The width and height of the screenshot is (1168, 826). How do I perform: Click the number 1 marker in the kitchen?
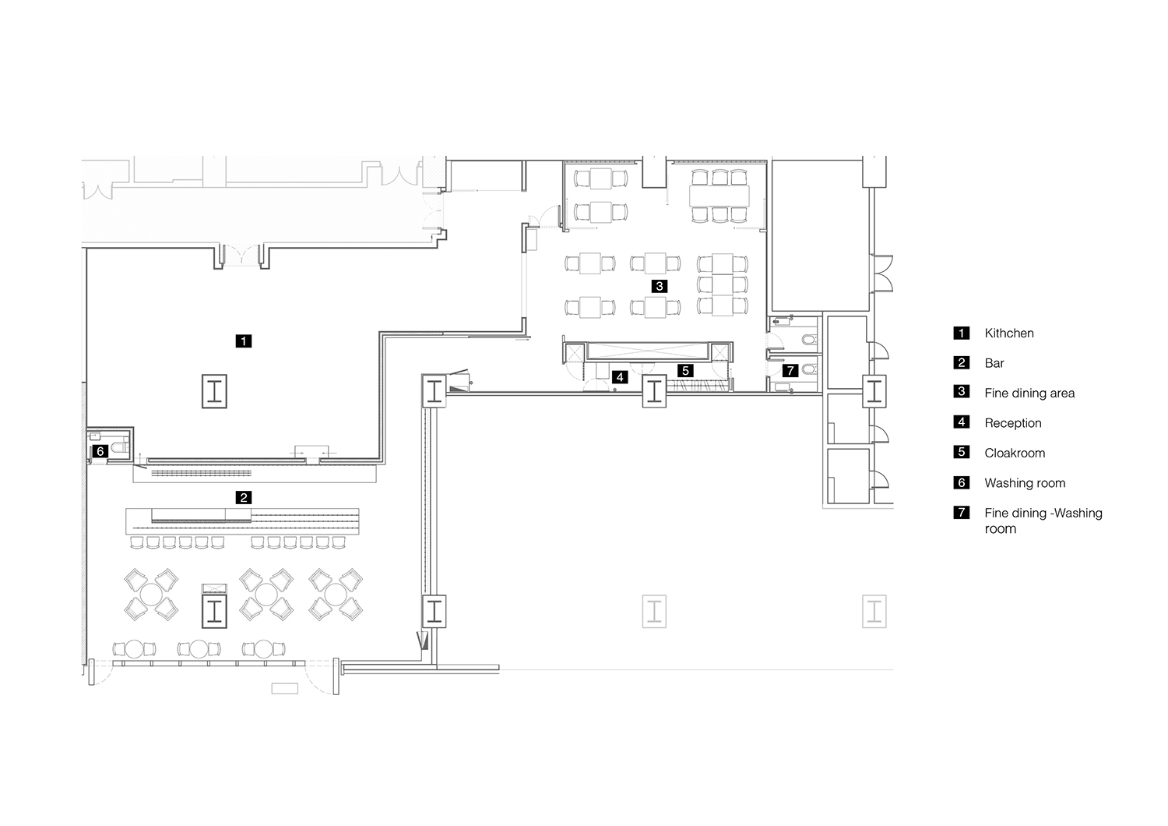tap(244, 341)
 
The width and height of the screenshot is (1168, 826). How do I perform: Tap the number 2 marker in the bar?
tap(244, 498)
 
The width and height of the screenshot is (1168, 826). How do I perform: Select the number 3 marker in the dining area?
tap(660, 286)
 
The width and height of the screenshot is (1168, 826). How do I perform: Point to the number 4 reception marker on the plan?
tap(620, 376)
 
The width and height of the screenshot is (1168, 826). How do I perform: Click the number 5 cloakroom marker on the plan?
tap(686, 370)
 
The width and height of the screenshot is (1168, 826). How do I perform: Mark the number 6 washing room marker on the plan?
tap(100, 451)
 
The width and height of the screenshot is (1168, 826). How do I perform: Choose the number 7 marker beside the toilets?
tap(790, 370)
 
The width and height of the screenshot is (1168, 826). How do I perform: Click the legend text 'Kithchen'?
tap(1009, 334)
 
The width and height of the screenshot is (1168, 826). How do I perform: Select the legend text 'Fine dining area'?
tap(1029, 394)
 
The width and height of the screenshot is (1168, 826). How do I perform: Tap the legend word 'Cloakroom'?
tap(1015, 453)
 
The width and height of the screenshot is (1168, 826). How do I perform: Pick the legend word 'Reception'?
tap(1012, 423)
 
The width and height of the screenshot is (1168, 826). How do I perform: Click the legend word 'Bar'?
tap(994, 363)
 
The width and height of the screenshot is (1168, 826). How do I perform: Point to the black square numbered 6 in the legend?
tap(962, 482)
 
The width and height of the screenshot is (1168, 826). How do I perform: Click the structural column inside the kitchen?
tap(214, 391)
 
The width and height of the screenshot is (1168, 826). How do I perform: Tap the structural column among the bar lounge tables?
tap(214, 611)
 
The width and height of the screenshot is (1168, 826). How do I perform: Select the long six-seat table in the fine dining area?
tap(719, 196)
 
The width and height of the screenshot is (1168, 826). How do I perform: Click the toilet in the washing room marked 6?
tap(121, 447)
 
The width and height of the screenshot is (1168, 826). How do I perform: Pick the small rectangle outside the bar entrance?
tap(285, 689)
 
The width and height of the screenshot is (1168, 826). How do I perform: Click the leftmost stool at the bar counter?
tap(136, 542)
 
